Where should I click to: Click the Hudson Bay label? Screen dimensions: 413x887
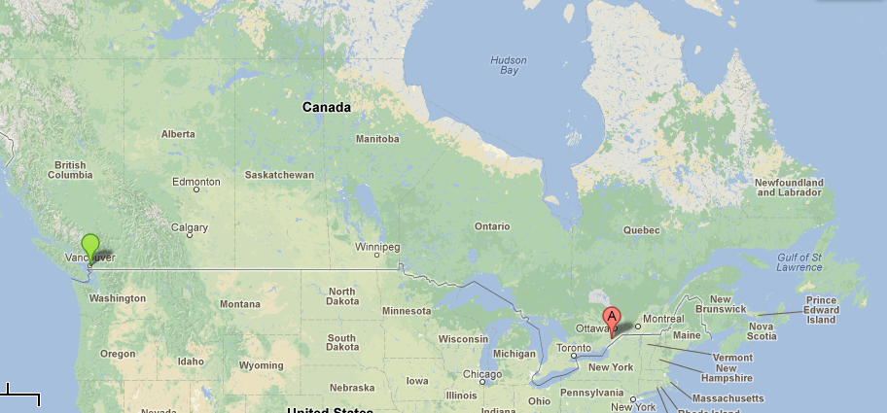point(510,65)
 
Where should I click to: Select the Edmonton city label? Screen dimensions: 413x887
point(195,182)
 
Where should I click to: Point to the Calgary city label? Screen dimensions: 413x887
point(190,228)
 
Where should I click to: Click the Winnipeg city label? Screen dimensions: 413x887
point(377,247)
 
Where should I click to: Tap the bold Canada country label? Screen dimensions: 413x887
point(327,107)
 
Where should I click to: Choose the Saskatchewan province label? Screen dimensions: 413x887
point(279,175)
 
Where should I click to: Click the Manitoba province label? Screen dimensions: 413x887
point(377,139)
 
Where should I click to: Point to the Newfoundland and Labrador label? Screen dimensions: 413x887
point(789,188)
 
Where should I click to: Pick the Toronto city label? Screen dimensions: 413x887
point(574,348)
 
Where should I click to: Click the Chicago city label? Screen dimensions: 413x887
point(482,374)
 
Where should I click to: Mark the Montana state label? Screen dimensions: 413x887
point(240,304)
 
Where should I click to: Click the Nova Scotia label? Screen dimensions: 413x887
point(762,331)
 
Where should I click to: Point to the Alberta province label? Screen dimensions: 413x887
point(178,134)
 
